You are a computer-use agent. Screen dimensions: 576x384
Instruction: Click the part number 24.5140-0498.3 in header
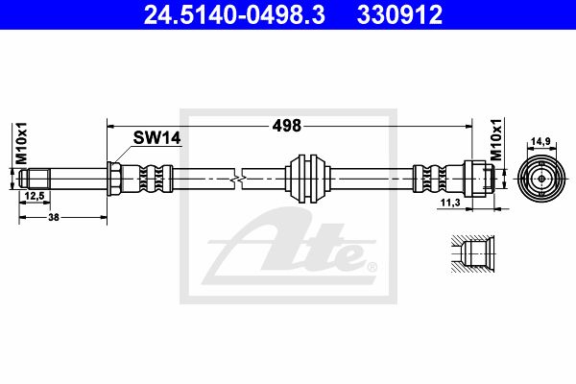tap(234, 14)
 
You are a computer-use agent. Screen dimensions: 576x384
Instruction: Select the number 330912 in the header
tap(399, 14)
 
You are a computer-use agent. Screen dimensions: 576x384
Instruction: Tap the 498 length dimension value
tap(286, 126)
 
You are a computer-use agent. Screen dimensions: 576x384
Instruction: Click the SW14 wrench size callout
tap(156, 138)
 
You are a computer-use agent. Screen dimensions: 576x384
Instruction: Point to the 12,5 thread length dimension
tap(35, 196)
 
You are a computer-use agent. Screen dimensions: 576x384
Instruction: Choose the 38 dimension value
tap(54, 217)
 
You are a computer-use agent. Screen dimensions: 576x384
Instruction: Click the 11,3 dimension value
tap(450, 203)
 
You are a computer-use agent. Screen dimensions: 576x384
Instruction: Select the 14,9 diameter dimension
tap(541, 140)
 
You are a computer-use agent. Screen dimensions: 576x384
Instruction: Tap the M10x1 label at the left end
tap(21, 143)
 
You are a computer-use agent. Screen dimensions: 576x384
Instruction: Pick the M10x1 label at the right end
tap(496, 139)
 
